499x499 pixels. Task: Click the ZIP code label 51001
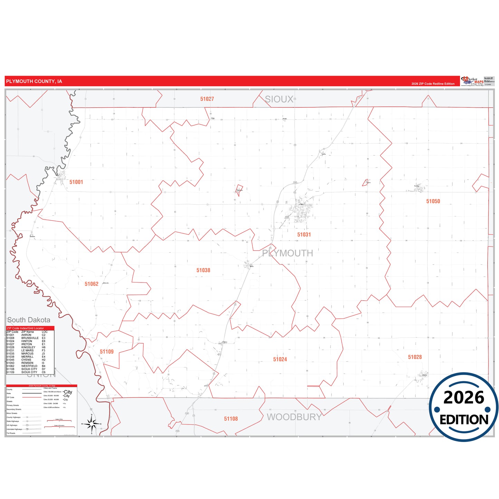point(76,182)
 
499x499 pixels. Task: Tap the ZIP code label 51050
point(433,201)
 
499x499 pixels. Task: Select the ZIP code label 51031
point(304,234)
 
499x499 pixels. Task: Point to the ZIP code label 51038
point(203,270)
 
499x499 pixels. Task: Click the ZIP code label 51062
point(92,284)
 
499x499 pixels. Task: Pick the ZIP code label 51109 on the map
point(107,352)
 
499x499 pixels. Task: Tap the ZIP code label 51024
point(280,359)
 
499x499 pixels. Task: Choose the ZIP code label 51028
point(415,357)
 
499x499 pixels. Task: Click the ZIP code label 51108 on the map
point(231,419)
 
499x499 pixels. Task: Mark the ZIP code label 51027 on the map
point(207,99)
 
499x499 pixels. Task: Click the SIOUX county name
point(279,99)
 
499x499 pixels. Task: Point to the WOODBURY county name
point(294,417)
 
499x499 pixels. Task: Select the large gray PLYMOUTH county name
point(288,253)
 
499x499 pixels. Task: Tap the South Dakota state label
point(29,320)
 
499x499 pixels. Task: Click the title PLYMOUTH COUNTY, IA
point(34,81)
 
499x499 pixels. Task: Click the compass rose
point(92,424)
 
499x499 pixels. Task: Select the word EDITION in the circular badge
point(464,420)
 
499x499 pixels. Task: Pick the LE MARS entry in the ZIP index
point(28,351)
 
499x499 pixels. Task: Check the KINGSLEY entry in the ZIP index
point(28,347)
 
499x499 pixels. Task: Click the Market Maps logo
point(472,81)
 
